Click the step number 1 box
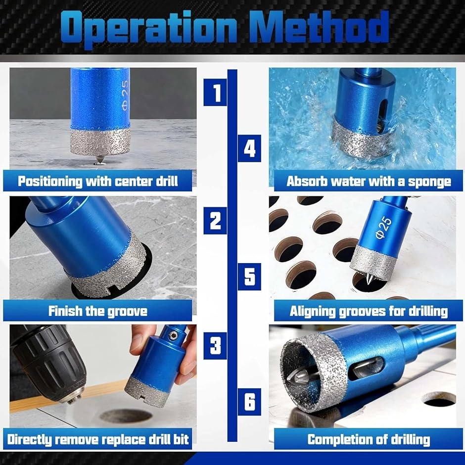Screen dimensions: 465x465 pyautogui.click(x=215, y=92)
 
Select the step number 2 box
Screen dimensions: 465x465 pyautogui.click(x=215, y=221)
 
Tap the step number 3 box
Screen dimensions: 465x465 pyautogui.click(x=215, y=346)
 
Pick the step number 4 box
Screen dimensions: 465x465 pyautogui.click(x=249, y=148)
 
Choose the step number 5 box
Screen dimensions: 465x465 pyautogui.click(x=249, y=277)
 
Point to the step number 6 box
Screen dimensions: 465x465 pyautogui.click(x=249, y=402)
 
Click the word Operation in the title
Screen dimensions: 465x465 pyautogui.click(x=149, y=29)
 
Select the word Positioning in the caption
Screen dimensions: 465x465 pyautogui.click(x=50, y=181)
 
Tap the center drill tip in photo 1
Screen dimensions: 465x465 pyautogui.click(x=99, y=159)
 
